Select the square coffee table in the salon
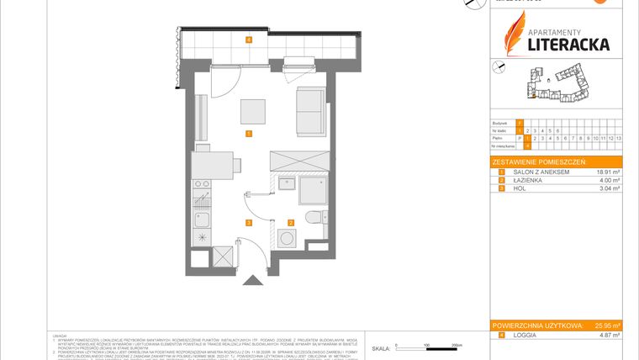[x=251, y=112]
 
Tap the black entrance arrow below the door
[x=249, y=283]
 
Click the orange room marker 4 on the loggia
[x=249, y=40]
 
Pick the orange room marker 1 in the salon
[x=249, y=134]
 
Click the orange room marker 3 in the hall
[x=249, y=222]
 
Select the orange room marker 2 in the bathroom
[x=291, y=222]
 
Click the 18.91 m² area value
[x=605, y=172]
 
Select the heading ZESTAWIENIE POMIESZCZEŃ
[x=540, y=161]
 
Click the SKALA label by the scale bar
[x=381, y=347]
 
